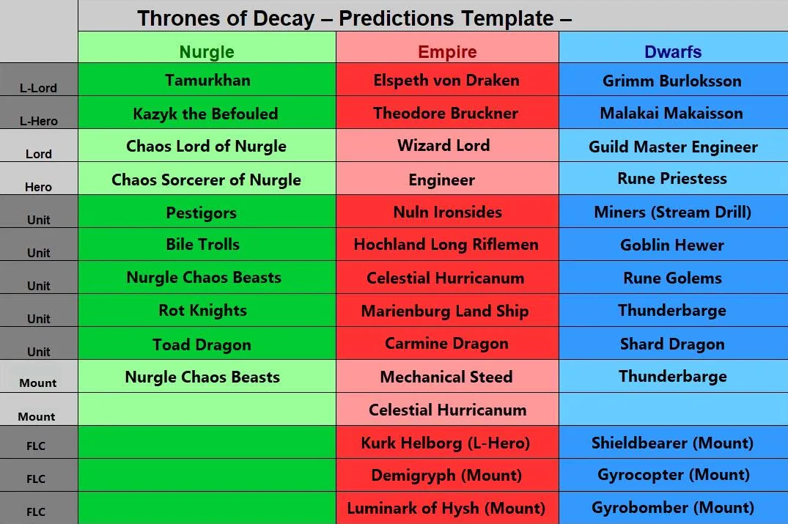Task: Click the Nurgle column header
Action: point(207,52)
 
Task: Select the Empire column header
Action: point(447,52)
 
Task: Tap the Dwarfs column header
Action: point(673,52)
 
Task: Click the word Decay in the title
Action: point(284,18)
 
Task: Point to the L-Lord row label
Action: point(38,88)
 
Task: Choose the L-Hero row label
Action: point(39,121)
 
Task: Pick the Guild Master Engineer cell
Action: point(673,147)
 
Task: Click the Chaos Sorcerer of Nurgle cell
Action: point(206,180)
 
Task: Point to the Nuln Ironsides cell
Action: point(447,212)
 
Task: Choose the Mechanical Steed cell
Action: point(446,377)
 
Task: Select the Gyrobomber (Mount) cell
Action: point(673,507)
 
